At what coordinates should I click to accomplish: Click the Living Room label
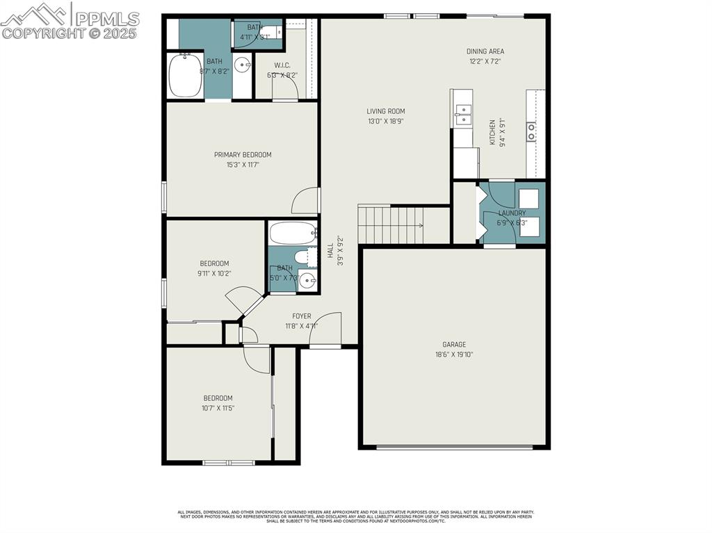coord(386,111)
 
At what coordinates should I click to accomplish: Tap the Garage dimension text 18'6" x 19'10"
coord(454,354)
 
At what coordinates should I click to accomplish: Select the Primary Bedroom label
coord(243,154)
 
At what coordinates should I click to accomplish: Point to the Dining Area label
coord(485,51)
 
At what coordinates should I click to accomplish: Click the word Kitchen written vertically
coord(492,132)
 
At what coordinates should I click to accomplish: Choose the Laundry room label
coord(512,213)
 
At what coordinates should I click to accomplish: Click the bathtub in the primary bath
coord(186,76)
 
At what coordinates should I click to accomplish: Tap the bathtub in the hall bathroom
coord(293,233)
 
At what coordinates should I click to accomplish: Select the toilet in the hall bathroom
coord(304,258)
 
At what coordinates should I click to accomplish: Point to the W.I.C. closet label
coord(272,65)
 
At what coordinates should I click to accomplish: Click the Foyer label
coord(301,316)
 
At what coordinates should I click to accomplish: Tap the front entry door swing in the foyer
coord(327,329)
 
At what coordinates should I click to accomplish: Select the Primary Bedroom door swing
coord(306,201)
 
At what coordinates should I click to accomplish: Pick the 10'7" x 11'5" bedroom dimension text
coord(217,408)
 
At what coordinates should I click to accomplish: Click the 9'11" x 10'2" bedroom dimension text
coord(214,273)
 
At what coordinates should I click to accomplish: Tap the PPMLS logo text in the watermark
coord(107,18)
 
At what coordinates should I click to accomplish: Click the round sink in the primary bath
coord(243,66)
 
